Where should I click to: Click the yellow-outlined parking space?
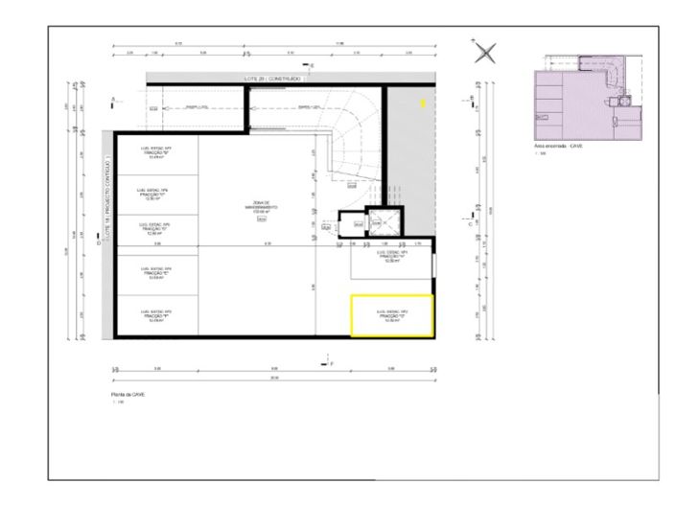[392, 315]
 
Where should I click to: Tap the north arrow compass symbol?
[487, 53]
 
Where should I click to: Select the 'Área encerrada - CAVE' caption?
[557, 147]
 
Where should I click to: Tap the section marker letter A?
[114, 100]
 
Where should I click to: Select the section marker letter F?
[332, 364]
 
